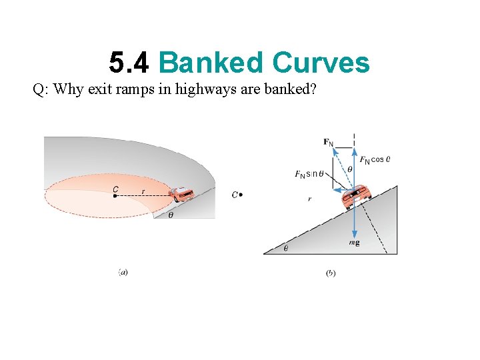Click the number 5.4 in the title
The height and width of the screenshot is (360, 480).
[x=131, y=63]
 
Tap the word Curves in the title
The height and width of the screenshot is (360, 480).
[x=320, y=63]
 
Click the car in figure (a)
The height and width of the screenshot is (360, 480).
[x=181, y=194]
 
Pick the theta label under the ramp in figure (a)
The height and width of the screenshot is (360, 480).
[x=171, y=215]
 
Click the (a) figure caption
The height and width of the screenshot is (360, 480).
[x=123, y=272]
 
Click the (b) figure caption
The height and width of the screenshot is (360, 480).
[x=331, y=272]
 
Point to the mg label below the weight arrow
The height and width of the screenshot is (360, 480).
[x=354, y=243]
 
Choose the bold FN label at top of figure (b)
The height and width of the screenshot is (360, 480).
[x=328, y=141]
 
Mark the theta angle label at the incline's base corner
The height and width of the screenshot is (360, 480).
[x=286, y=247]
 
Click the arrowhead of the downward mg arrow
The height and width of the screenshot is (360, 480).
[x=353, y=232]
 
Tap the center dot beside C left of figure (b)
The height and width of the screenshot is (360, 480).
[x=241, y=195]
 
